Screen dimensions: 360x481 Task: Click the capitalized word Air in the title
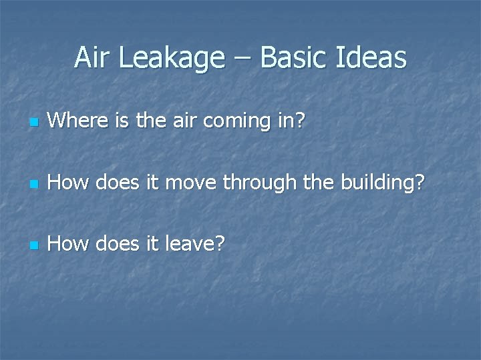[x=94, y=58]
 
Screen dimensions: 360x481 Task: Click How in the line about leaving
[x=68, y=244]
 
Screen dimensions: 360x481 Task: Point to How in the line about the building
[x=68, y=183]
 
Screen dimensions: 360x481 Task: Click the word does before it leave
[x=116, y=244]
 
